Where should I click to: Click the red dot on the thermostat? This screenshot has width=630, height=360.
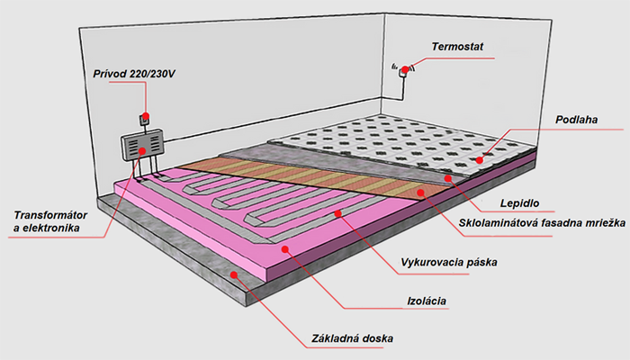click(405, 70)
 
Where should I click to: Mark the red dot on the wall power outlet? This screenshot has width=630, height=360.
click(144, 118)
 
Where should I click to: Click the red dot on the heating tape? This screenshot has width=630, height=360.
click(338, 214)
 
